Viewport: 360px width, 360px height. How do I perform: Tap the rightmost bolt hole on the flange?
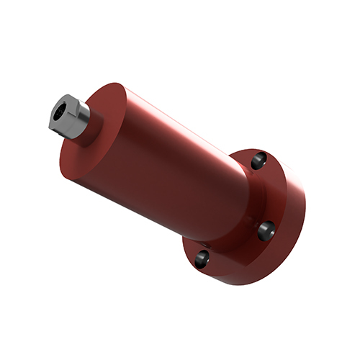266,230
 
